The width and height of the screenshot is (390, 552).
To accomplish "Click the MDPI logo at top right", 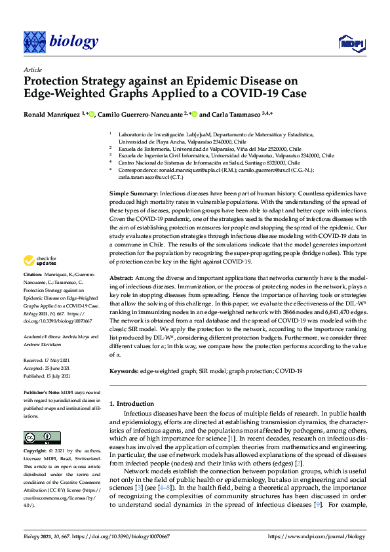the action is coord(351,43).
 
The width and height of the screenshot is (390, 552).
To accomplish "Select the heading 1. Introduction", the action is coord(134,403).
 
